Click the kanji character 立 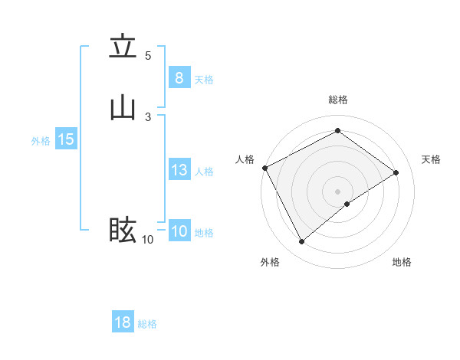pyautogui.click(x=123, y=47)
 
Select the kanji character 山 pyautogui.click(x=123, y=108)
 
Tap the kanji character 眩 pyautogui.click(x=123, y=229)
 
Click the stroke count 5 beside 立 pyautogui.click(x=148, y=56)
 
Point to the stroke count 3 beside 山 pyautogui.click(x=148, y=116)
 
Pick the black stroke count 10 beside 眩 pyautogui.click(x=148, y=240)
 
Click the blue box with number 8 pyautogui.click(x=179, y=78)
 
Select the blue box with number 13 pyautogui.click(x=179, y=170)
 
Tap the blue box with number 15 pyautogui.click(x=65, y=139)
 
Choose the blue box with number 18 pyautogui.click(x=123, y=322)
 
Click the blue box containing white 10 pyautogui.click(x=179, y=231)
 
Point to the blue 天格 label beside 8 pyautogui.click(x=204, y=80)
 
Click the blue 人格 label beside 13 pyautogui.click(x=204, y=172)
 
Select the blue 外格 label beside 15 pyautogui.click(x=41, y=141)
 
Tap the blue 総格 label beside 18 pyautogui.click(x=147, y=324)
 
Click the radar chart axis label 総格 pyautogui.click(x=338, y=100)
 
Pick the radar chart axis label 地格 pyautogui.click(x=402, y=263)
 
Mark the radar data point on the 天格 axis pyautogui.click(x=396, y=172)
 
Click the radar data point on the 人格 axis pyautogui.click(x=264, y=168)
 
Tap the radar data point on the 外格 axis pyautogui.click(x=301, y=242)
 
